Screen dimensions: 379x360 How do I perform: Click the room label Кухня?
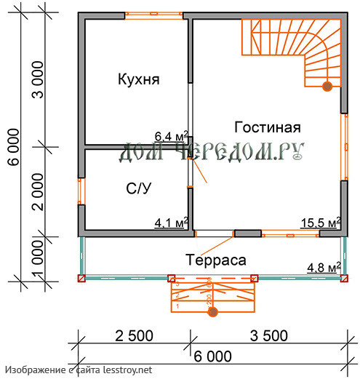click(x=138, y=79)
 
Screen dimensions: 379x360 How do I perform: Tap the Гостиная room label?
click(x=268, y=127)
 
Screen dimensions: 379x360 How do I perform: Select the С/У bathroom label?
click(x=139, y=188)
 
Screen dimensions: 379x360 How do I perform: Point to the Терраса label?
click(x=215, y=258)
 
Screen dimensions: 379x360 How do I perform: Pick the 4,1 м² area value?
click(x=172, y=223)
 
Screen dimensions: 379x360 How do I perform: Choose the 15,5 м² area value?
click(x=321, y=223)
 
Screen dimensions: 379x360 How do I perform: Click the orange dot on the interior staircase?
click(x=327, y=87)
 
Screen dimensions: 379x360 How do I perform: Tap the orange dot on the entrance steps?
click(x=212, y=312)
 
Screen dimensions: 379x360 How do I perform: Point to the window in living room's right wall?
click(x=344, y=146)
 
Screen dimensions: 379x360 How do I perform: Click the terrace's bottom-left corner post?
click(x=81, y=278)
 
